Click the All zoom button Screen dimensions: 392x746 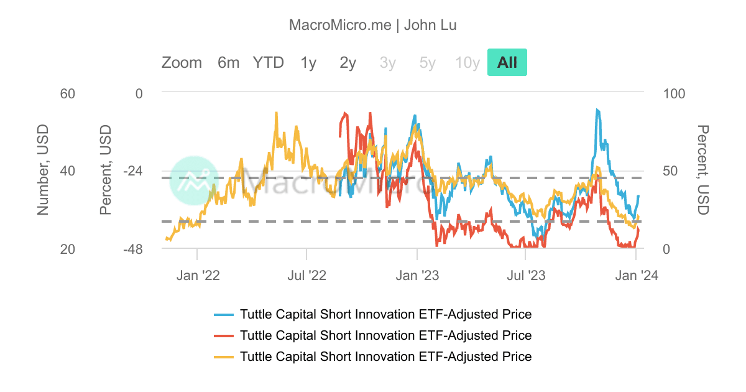507,62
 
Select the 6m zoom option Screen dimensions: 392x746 228,62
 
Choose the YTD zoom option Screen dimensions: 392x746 268,62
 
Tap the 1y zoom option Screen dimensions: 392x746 308,62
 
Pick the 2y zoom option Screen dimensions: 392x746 348,62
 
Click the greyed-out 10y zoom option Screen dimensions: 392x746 467,62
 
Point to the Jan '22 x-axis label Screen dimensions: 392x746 198,275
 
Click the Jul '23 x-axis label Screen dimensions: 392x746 526,275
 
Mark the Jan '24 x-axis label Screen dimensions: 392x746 635,275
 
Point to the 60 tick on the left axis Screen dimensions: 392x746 67,93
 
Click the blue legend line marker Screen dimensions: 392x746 223,315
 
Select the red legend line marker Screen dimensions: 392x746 223,336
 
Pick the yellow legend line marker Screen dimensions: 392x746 223,357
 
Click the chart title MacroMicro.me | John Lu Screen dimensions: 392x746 373,25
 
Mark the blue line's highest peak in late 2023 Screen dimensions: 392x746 597,110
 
